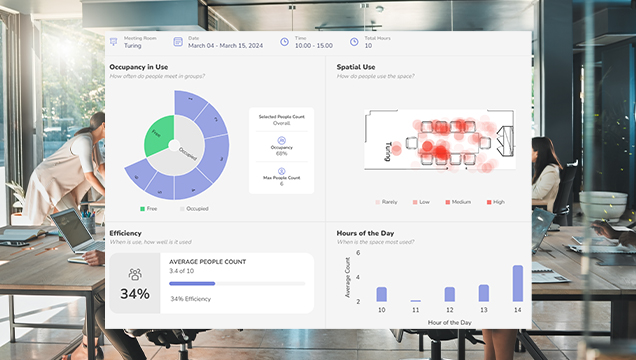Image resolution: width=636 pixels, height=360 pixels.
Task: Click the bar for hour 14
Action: coord(517,283)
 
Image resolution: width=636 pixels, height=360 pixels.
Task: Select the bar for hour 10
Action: coord(381,294)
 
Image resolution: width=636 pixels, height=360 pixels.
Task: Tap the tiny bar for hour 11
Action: coord(415,300)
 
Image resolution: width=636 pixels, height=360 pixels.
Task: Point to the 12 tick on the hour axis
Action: coord(449,310)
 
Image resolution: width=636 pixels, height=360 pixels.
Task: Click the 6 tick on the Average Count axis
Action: coord(356,251)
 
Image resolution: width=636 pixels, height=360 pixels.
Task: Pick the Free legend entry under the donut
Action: coord(148,209)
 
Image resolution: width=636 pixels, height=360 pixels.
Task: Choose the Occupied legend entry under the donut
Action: coord(194,209)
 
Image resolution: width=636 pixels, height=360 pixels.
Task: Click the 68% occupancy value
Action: coord(281,153)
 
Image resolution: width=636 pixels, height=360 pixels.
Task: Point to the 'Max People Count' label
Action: coord(281,177)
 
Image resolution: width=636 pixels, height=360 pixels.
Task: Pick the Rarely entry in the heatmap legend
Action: coord(386,202)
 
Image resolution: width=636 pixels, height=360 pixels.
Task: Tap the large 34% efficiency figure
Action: coord(135,294)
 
